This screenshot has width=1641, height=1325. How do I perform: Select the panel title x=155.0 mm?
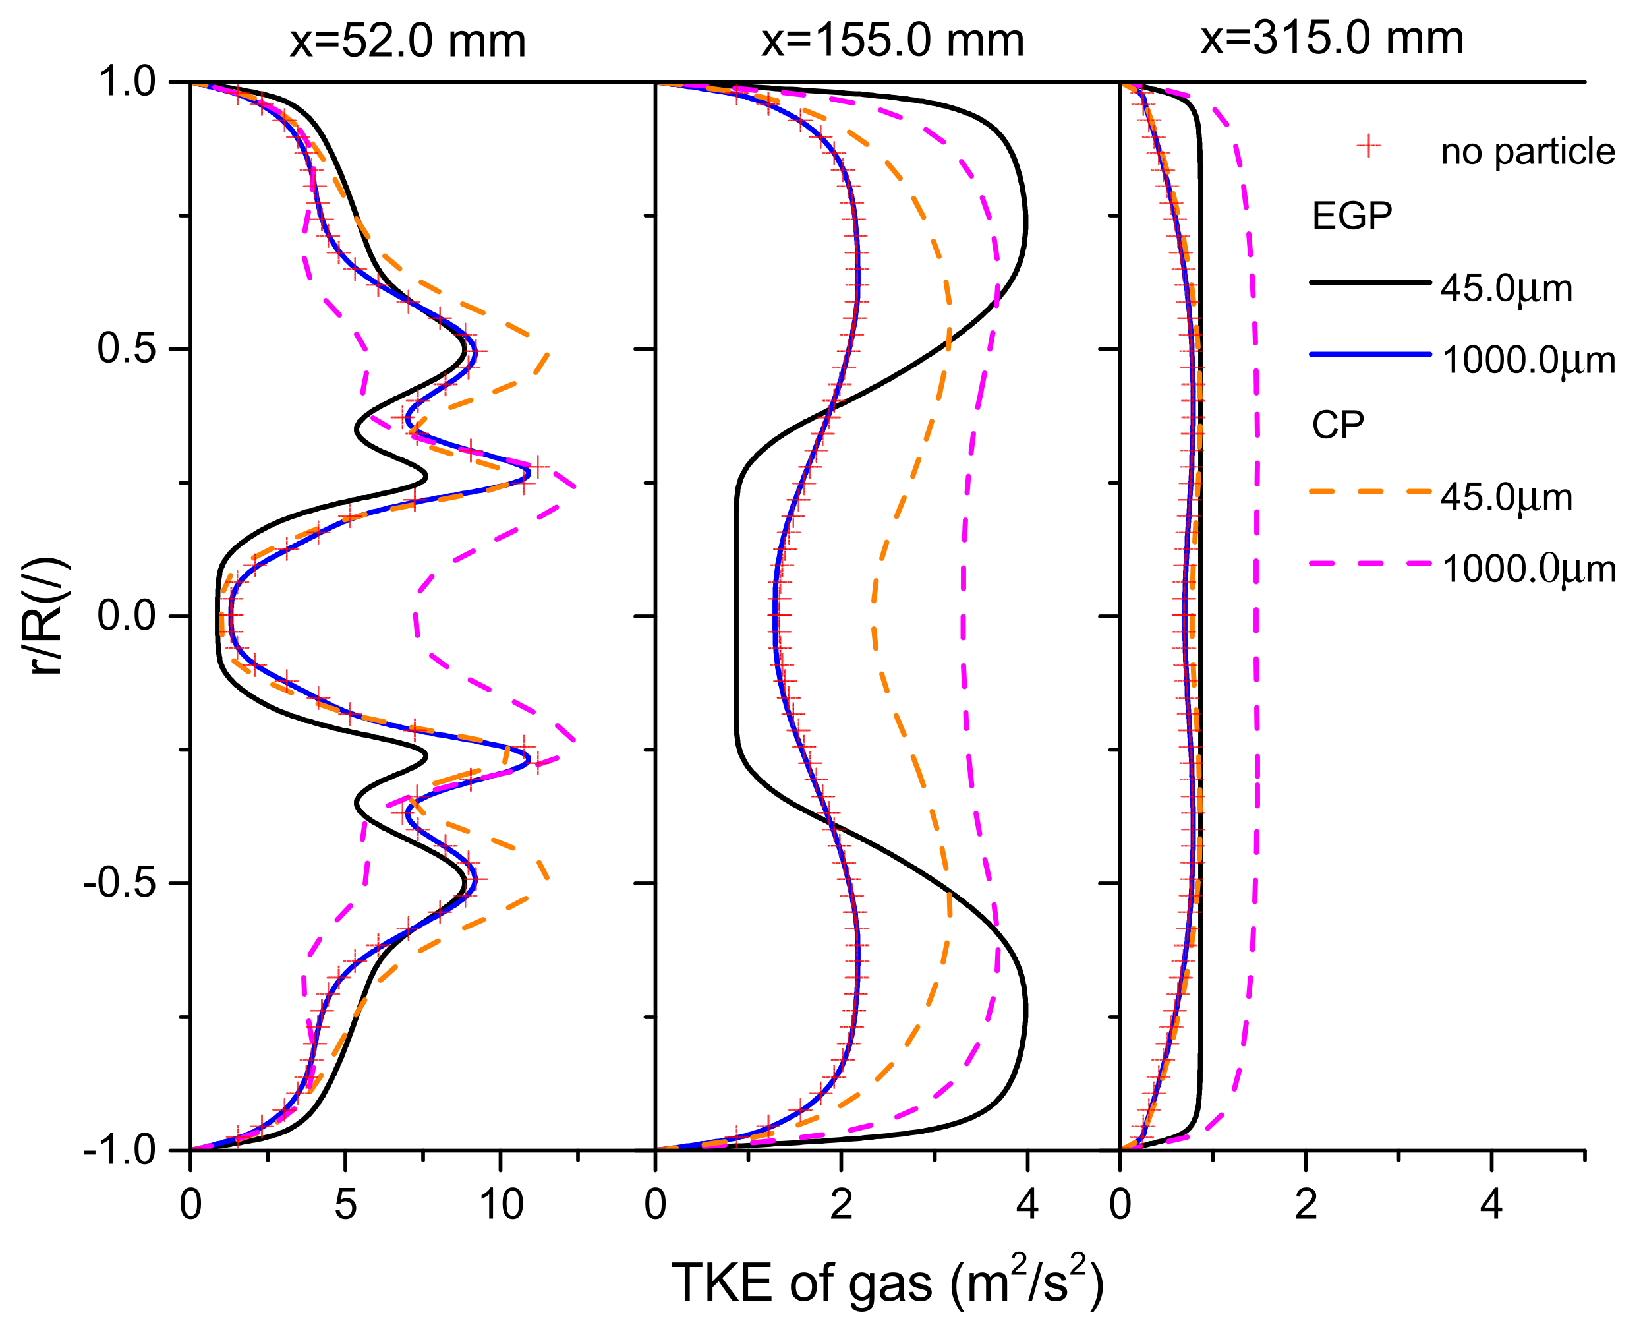pyautogui.click(x=892, y=40)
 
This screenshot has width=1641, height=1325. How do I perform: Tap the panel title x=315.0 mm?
pyautogui.click(x=1331, y=38)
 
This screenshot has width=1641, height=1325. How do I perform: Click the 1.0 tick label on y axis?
pyautogui.click(x=127, y=82)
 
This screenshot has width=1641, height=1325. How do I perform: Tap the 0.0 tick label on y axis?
pyautogui.click(x=127, y=616)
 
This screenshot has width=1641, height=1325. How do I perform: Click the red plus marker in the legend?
pyautogui.click(x=1370, y=146)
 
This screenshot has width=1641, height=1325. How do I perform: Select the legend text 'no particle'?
pyautogui.click(x=1528, y=152)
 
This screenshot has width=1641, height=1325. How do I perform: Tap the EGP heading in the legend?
pyautogui.click(x=1352, y=217)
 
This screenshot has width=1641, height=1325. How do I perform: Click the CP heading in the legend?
pyautogui.click(x=1337, y=425)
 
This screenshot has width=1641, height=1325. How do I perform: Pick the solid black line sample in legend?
pyautogui.click(x=1370, y=282)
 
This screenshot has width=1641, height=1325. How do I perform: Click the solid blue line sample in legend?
pyautogui.click(x=1370, y=354)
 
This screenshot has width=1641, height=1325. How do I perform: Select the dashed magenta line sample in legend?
pyautogui.click(x=1370, y=563)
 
